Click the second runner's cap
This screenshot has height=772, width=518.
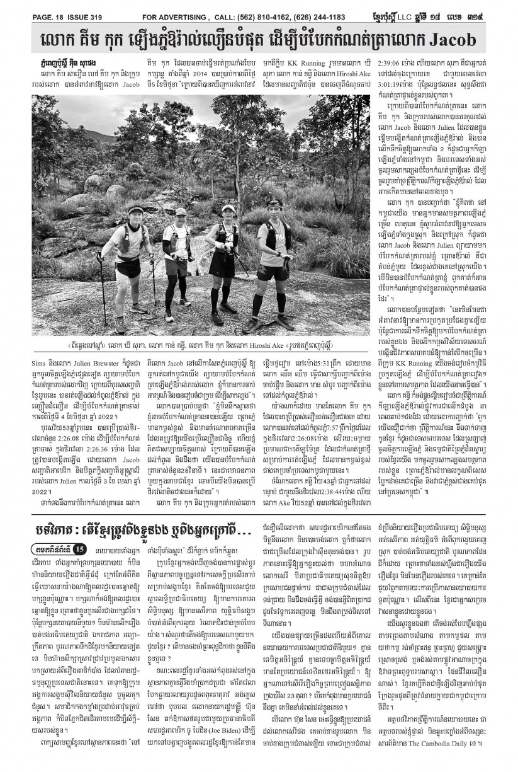click(181, 212)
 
